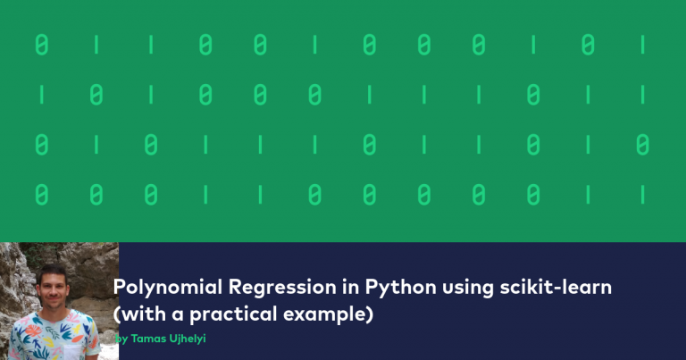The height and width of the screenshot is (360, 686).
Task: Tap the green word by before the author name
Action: coord(122,340)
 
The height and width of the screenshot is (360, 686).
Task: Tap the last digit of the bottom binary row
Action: coord(642,193)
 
